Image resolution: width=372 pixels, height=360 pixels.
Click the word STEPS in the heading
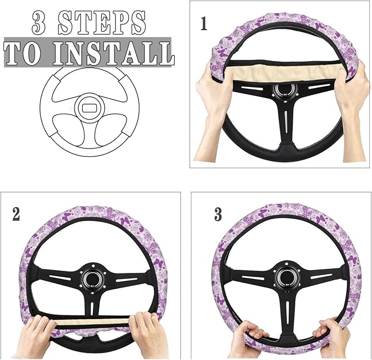click(105, 22)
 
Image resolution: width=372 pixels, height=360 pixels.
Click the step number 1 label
click(204, 25)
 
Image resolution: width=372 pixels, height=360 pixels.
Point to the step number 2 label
click(16, 213)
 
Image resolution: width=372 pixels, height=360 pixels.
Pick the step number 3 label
click(218, 213)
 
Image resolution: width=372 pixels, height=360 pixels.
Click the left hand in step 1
click(215, 93)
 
